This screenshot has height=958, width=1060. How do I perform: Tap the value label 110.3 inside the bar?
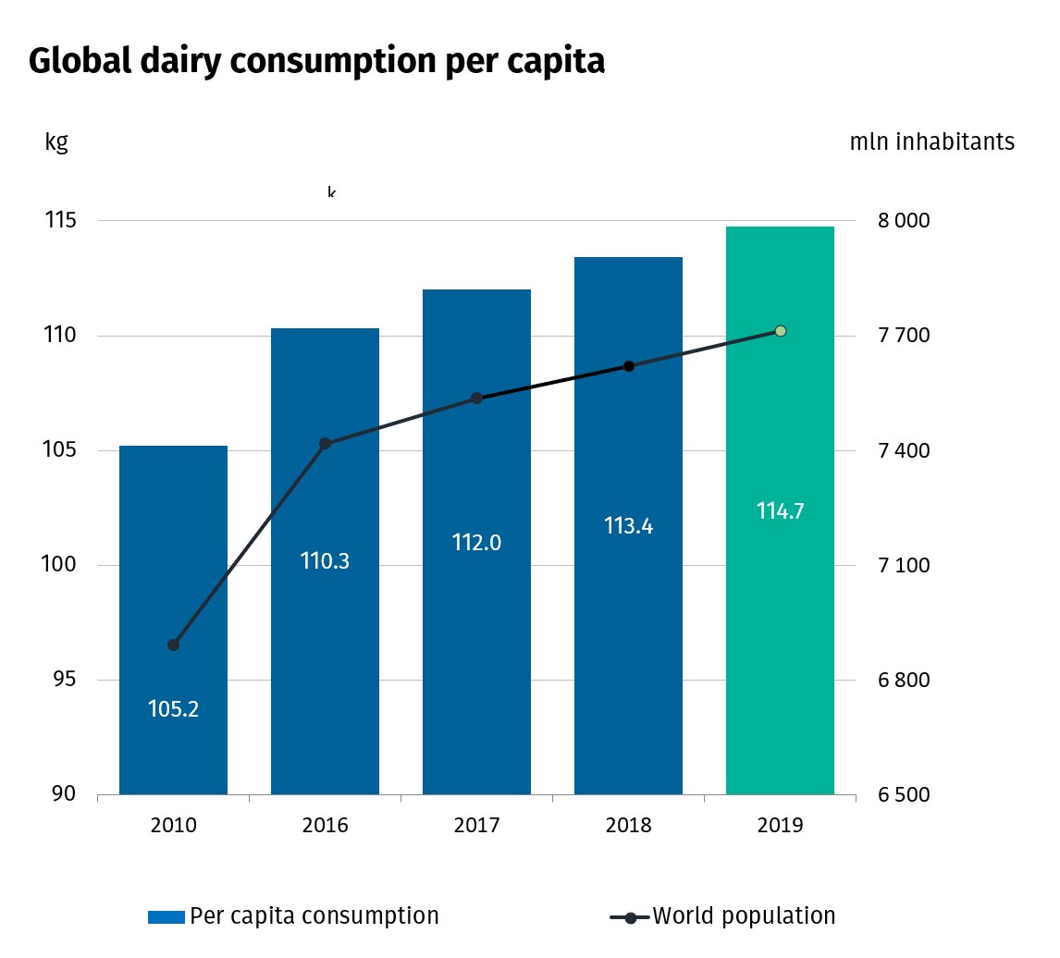[325, 560]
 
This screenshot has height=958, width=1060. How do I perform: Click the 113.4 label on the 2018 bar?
[628, 526]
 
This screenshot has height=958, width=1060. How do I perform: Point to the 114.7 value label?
[780, 510]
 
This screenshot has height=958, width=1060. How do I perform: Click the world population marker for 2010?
[173, 645]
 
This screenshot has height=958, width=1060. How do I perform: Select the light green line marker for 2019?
[780, 331]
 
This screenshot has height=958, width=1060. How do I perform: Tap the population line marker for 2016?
[325, 444]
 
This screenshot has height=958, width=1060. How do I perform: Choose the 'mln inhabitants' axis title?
[931, 142]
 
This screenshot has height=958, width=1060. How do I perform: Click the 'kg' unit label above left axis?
[55, 143]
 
